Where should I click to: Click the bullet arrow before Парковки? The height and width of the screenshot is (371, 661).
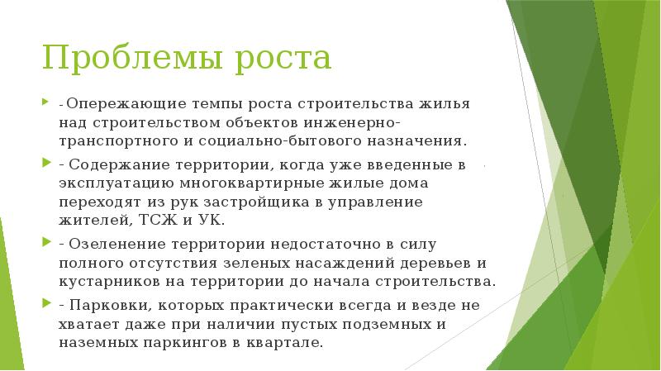pos(45,304)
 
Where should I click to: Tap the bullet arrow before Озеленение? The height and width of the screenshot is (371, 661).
pos(45,245)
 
